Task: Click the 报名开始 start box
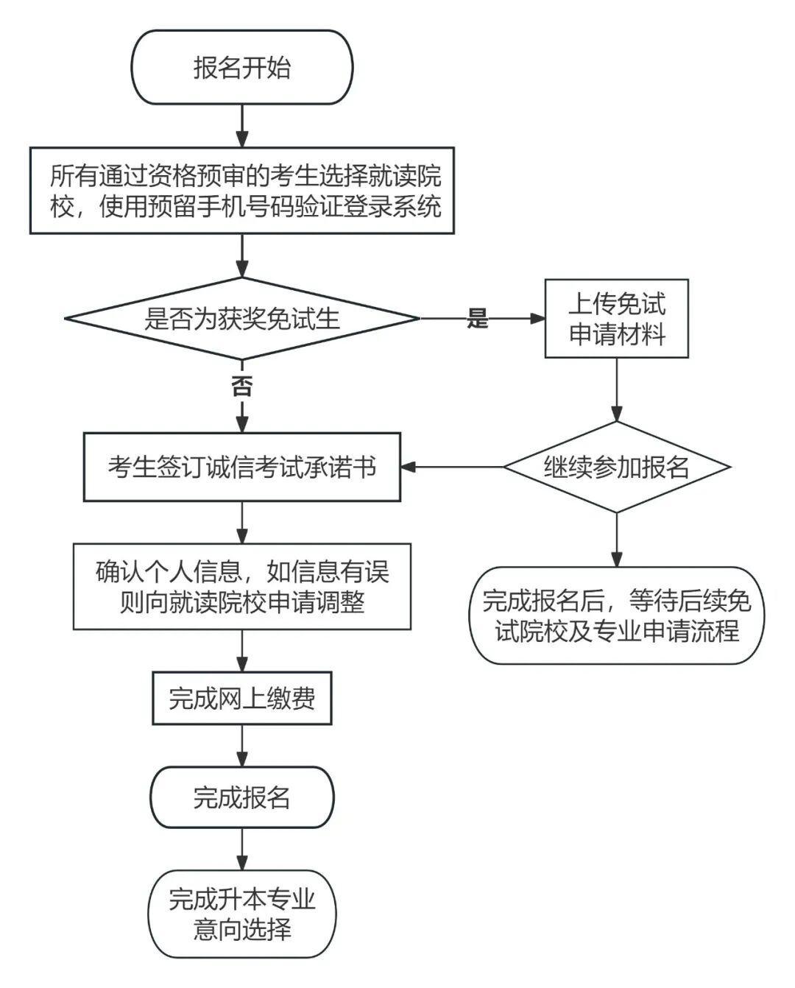241,67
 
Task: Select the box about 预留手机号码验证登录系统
241,191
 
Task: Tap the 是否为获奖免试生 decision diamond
241,319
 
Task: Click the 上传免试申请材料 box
616,319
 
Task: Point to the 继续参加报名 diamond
616,467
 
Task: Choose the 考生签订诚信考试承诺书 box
241,467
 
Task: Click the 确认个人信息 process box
241,587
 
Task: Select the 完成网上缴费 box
241,697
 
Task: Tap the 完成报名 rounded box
241,797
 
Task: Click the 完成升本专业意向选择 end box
241,914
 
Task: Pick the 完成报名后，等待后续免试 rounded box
616,615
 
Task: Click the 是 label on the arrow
478,319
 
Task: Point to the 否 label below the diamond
241,386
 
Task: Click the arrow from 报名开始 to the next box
241,125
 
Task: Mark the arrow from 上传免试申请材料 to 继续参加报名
616,389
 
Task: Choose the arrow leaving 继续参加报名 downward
616,540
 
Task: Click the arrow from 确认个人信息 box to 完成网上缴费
241,650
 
